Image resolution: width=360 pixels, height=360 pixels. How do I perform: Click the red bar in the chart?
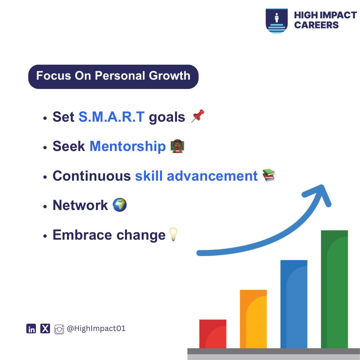213,334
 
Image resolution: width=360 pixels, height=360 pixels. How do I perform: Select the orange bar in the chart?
253,319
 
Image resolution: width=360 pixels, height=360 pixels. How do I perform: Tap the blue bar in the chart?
294,304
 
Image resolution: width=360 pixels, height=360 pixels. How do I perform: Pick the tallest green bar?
334,289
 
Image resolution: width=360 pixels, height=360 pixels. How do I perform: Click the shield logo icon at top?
276,21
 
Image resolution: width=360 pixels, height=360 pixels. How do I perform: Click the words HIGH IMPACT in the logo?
325,15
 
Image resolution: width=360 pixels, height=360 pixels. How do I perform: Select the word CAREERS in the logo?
316,25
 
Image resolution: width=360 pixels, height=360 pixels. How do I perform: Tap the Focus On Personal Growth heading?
113,76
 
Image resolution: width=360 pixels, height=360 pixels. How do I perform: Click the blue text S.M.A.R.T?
111,117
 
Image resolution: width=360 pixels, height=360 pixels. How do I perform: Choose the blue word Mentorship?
127,147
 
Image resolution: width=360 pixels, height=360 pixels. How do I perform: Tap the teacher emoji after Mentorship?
177,146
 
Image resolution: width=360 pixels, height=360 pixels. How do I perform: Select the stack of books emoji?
269,175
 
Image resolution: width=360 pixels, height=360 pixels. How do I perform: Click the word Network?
80,205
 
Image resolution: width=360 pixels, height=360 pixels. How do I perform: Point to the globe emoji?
120,205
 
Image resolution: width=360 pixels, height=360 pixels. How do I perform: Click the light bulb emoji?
173,234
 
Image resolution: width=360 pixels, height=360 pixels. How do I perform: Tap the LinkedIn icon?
31,329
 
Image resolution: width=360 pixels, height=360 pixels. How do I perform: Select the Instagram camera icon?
59,329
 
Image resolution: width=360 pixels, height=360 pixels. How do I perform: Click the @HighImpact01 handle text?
96,329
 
